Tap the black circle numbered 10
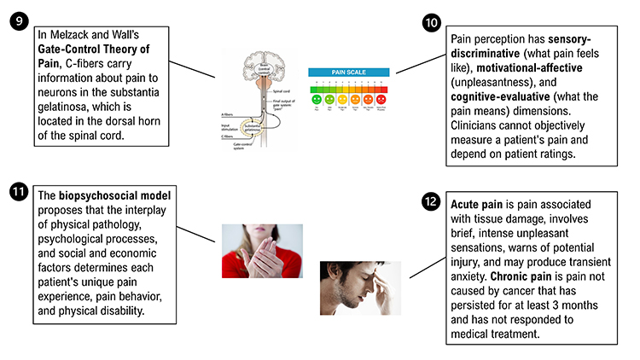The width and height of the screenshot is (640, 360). (433, 22)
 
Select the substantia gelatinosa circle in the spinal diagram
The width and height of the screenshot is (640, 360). (253, 129)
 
